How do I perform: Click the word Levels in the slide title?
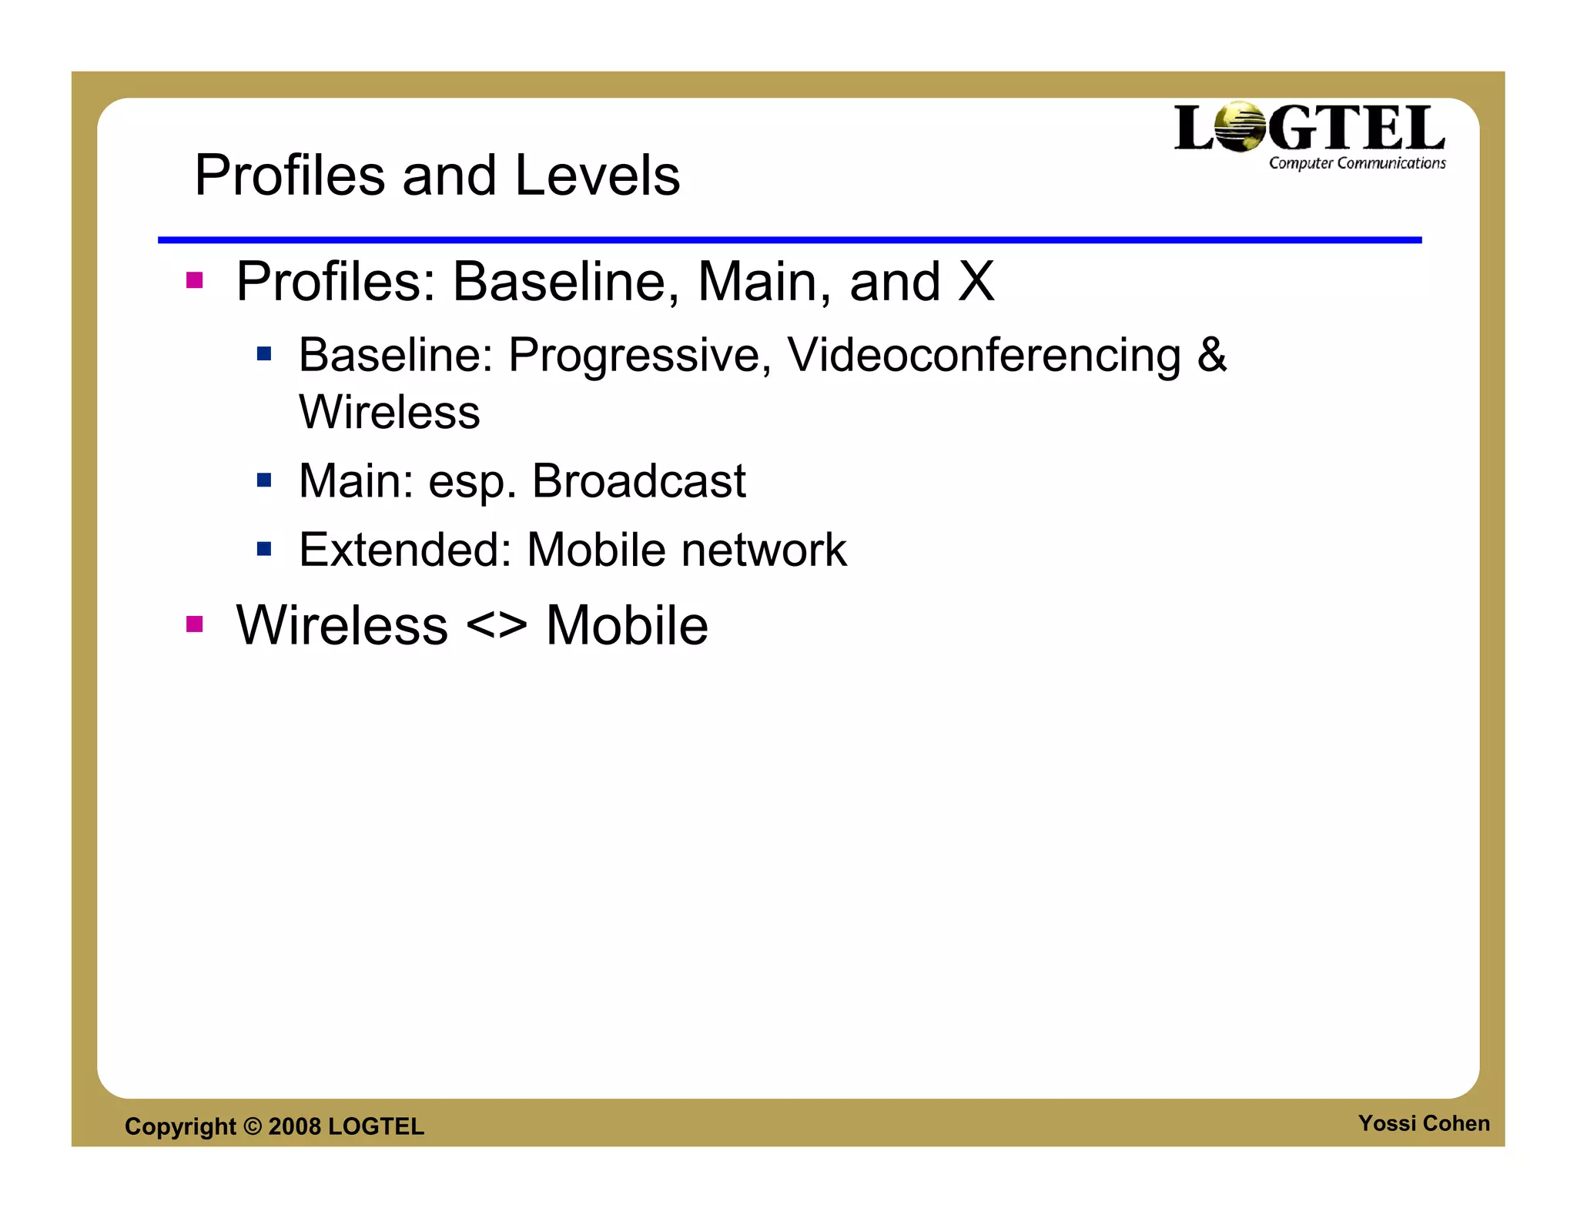click(597, 176)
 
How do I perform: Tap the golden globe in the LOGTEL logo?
click(1239, 127)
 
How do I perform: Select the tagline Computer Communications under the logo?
click(1357, 163)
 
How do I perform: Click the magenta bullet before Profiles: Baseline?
click(194, 280)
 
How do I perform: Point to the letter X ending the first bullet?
click(976, 282)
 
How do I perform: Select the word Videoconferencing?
click(983, 356)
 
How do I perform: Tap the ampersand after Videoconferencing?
click(1211, 355)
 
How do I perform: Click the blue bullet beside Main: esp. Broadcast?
click(264, 480)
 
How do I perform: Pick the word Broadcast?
click(638, 481)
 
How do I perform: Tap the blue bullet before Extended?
click(264, 549)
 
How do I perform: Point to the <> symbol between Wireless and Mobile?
click(497, 625)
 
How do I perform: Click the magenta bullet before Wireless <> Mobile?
click(194, 624)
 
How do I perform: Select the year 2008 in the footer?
click(294, 1126)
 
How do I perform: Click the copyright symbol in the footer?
click(252, 1126)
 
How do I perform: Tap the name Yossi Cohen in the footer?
click(1423, 1123)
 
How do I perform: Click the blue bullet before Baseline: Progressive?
click(264, 354)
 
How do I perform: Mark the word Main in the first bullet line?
click(757, 282)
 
